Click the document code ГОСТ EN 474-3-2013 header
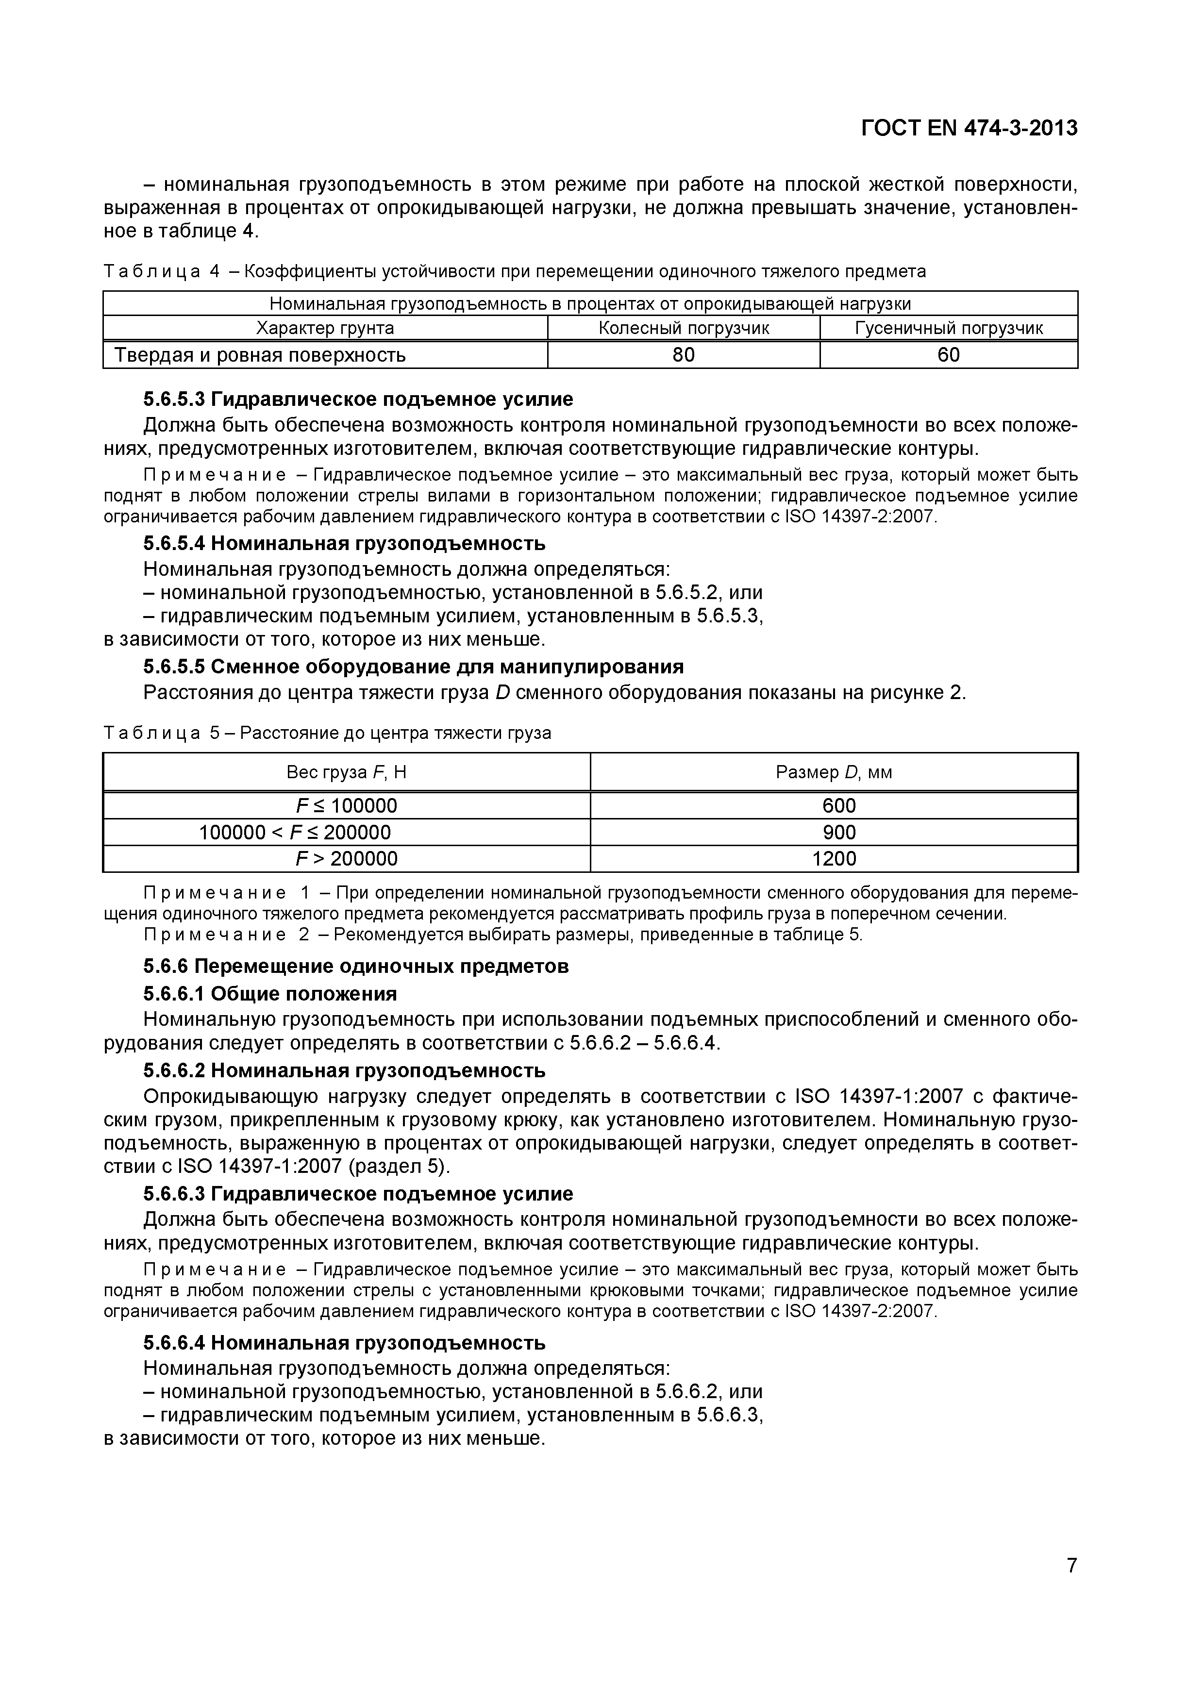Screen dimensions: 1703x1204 click(x=969, y=128)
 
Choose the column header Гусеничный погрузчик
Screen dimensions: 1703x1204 click(x=949, y=328)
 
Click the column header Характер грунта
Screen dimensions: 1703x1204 click(x=325, y=328)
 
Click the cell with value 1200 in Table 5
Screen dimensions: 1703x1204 click(x=834, y=859)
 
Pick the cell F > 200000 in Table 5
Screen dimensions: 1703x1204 click(x=347, y=859)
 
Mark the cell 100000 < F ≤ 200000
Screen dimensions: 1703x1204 click(x=295, y=832)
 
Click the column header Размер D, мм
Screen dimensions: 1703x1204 click(x=834, y=772)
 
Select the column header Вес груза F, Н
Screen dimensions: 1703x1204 click(x=347, y=772)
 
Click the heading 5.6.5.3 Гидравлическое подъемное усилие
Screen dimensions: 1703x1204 click(x=358, y=399)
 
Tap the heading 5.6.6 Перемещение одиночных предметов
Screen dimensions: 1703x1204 click(x=356, y=967)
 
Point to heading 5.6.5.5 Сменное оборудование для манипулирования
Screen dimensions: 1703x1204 click(x=413, y=667)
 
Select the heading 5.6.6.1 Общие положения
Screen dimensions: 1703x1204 click(x=270, y=993)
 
